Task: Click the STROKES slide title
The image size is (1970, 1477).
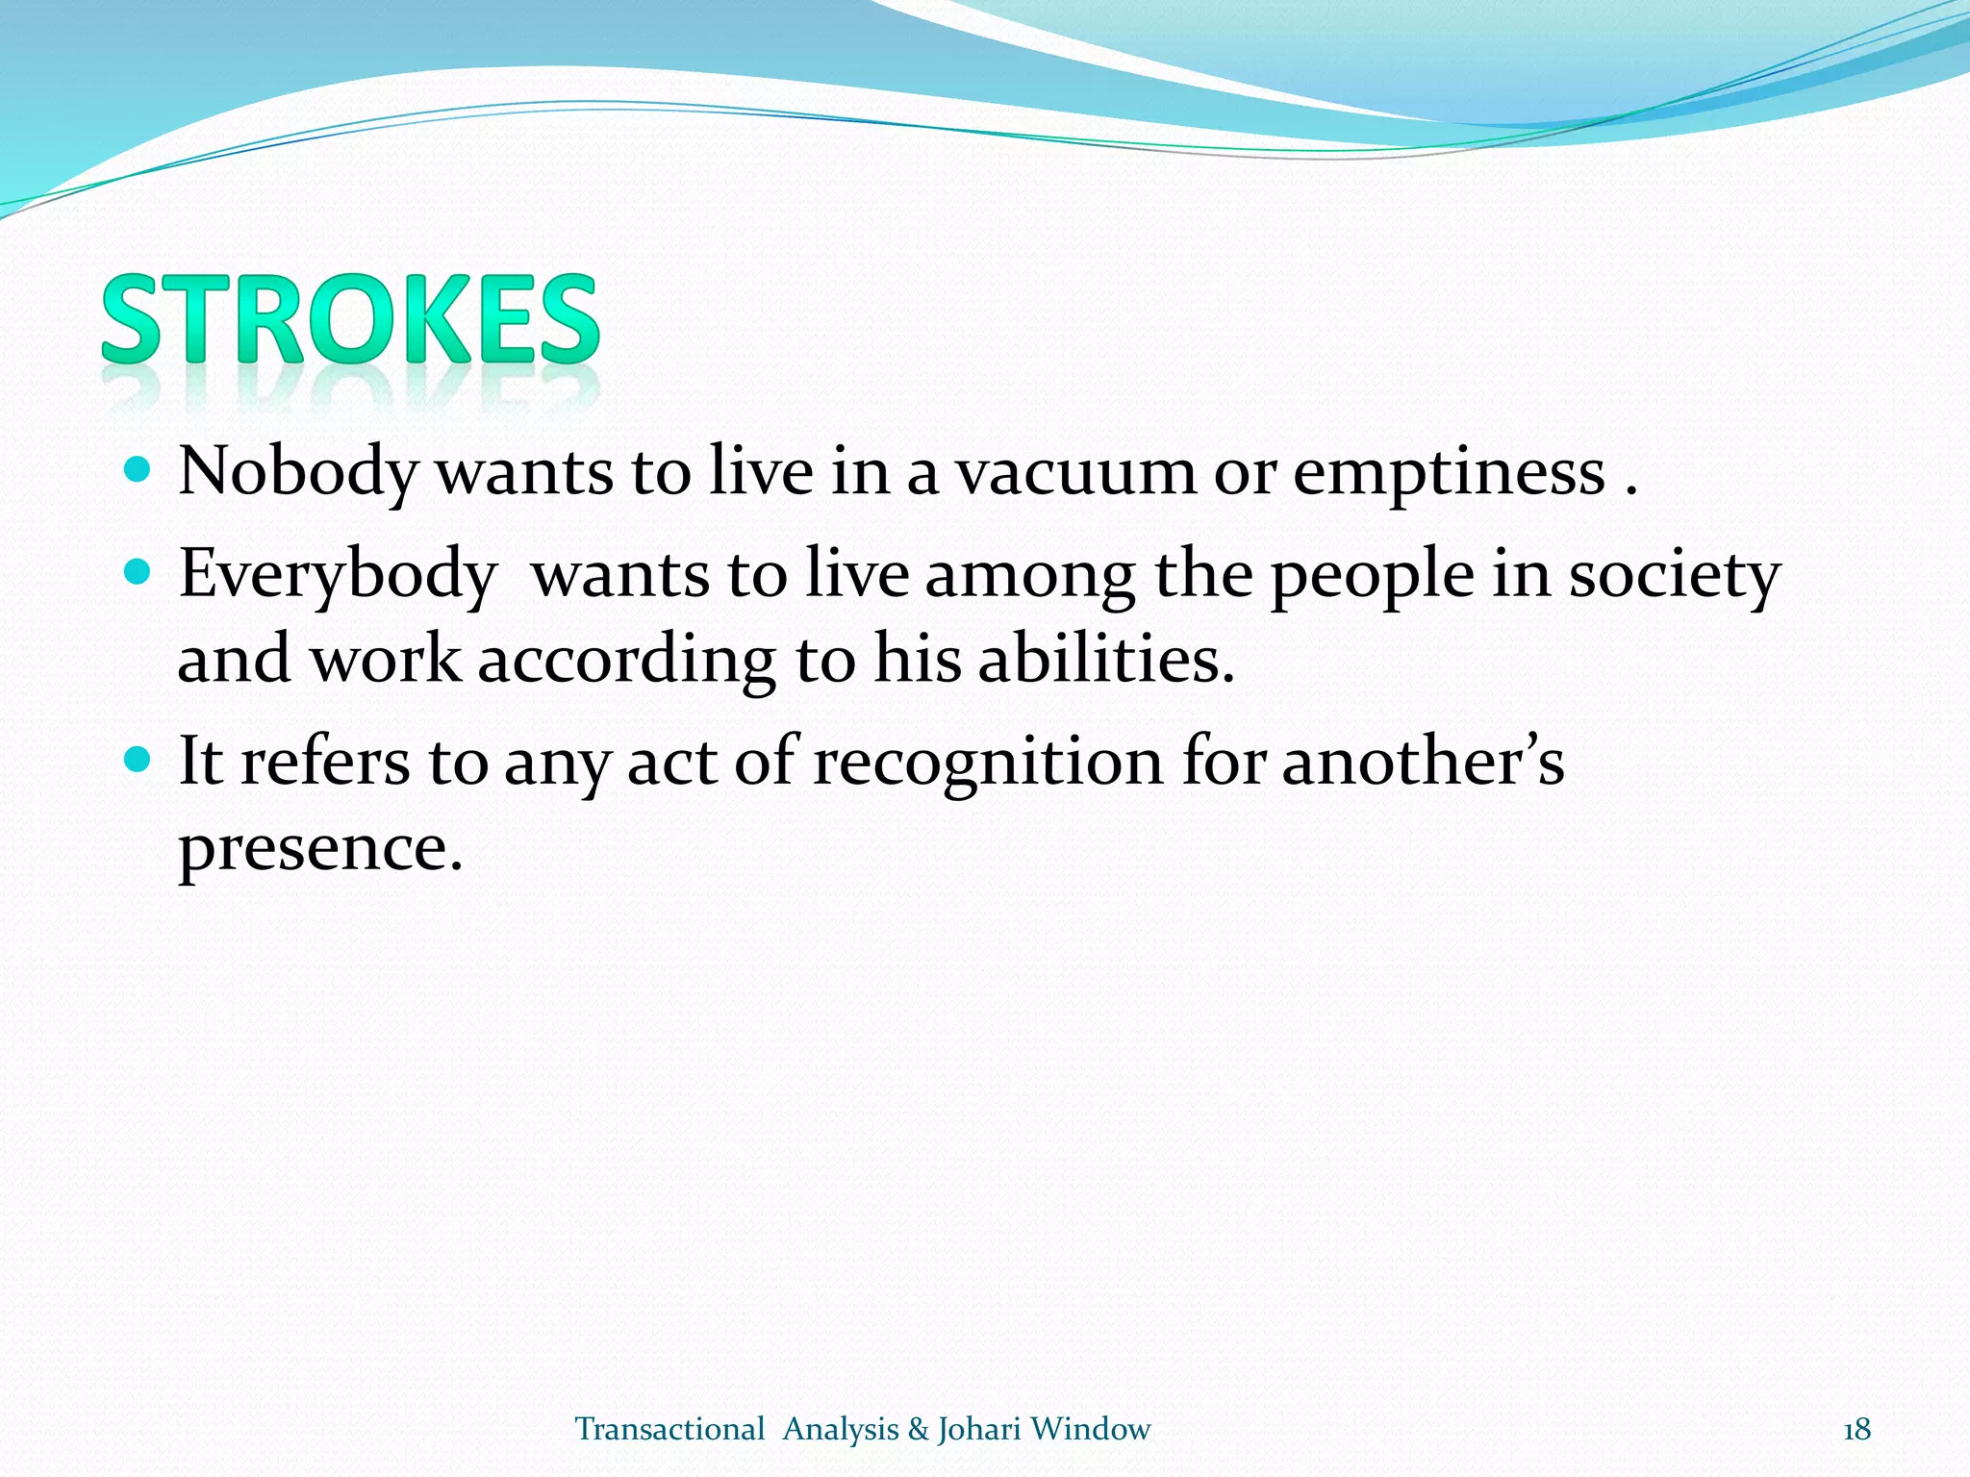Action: [x=350, y=319]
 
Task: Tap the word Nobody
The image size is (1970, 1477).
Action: [x=298, y=473]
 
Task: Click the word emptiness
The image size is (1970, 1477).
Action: [x=1449, y=473]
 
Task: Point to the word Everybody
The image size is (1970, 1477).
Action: [x=337, y=574]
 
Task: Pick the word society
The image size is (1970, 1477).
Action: [x=1675, y=574]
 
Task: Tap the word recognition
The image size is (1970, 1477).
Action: [x=988, y=761]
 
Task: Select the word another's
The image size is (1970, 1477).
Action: [x=1423, y=761]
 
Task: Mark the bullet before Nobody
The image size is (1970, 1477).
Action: [x=139, y=470]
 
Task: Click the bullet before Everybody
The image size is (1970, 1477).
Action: [x=139, y=573]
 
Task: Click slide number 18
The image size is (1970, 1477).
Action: [x=1856, y=1430]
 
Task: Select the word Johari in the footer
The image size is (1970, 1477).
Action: [x=979, y=1430]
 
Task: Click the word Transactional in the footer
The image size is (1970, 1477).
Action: [x=669, y=1430]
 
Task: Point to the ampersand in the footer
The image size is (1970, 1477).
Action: [x=918, y=1430]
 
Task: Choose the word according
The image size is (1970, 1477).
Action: [x=626, y=662]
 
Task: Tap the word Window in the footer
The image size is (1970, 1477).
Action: [x=1090, y=1430]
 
